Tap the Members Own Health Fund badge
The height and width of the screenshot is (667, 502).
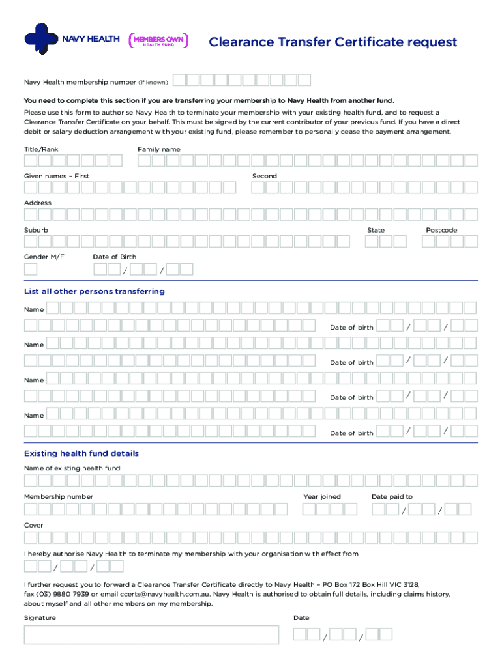click(159, 41)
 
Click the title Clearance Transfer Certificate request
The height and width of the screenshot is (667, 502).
click(332, 43)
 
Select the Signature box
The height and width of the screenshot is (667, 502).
click(151, 635)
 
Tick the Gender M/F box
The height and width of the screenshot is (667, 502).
click(31, 269)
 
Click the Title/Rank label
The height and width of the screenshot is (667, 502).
click(41, 149)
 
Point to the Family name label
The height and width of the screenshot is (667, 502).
click(159, 149)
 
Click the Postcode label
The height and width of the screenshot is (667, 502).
click(441, 230)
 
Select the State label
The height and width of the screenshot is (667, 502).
click(376, 230)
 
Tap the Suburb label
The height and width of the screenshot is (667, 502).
click(36, 230)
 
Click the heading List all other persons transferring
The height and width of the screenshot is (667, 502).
click(95, 291)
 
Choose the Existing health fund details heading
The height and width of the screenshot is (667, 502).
click(81, 453)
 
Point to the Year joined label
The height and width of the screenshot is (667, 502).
click(321, 496)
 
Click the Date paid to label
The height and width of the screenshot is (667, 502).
click(392, 496)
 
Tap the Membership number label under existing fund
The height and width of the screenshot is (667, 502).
click(59, 496)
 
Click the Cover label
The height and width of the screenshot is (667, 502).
click(34, 525)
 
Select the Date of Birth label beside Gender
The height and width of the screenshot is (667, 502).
click(115, 257)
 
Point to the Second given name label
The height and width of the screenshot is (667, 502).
click(265, 176)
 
